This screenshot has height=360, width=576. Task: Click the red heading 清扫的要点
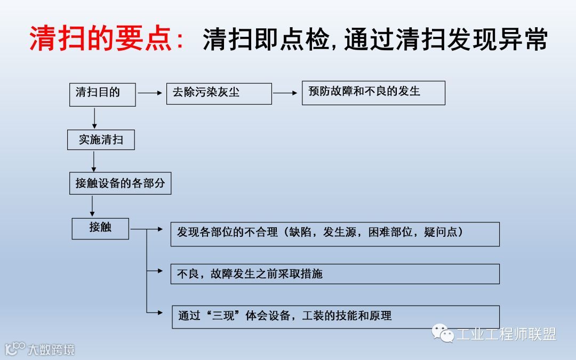107,38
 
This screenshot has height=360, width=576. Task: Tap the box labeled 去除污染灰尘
219,93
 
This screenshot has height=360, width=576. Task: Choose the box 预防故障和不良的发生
373,93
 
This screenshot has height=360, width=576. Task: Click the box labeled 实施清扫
101,140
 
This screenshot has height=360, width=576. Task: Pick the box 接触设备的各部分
120,183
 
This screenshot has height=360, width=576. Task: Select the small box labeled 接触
100,228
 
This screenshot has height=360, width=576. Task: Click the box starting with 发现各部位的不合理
335,234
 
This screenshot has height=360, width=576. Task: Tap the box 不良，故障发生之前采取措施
335,274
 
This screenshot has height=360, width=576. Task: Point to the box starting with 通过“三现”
335,316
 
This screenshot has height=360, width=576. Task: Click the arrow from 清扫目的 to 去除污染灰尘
150,93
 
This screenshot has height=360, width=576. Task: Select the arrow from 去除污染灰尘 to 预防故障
286,93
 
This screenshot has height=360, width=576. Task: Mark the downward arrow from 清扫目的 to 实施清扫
94,117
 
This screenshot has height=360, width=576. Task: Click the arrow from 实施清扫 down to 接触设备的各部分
94,161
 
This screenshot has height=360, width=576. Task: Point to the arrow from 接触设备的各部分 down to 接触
93,206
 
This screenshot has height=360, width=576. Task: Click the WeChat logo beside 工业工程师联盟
443,333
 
